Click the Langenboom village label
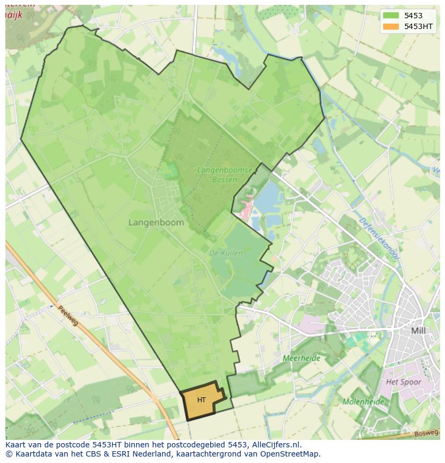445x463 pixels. pyautogui.click(x=156, y=222)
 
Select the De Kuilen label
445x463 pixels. pyautogui.click(x=226, y=253)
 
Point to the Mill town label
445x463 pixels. pyautogui.click(x=418, y=331)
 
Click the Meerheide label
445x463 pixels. pyautogui.click(x=301, y=358)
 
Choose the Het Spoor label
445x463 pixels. pyautogui.click(x=404, y=382)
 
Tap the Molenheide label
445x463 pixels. pyautogui.click(x=363, y=402)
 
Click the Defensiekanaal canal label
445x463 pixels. pyautogui.click(x=379, y=239)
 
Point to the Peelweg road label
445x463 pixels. pyautogui.click(x=68, y=316)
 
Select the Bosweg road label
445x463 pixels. pyautogui.click(x=427, y=432)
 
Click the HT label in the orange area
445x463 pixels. pyautogui.click(x=202, y=400)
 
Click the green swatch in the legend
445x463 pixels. pyautogui.click(x=391, y=16)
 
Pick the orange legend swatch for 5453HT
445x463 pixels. pyautogui.click(x=391, y=26)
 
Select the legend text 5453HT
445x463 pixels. pyautogui.click(x=419, y=26)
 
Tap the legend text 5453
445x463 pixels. pyautogui.click(x=413, y=16)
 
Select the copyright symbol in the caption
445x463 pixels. pyautogui.click(x=9, y=454)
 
